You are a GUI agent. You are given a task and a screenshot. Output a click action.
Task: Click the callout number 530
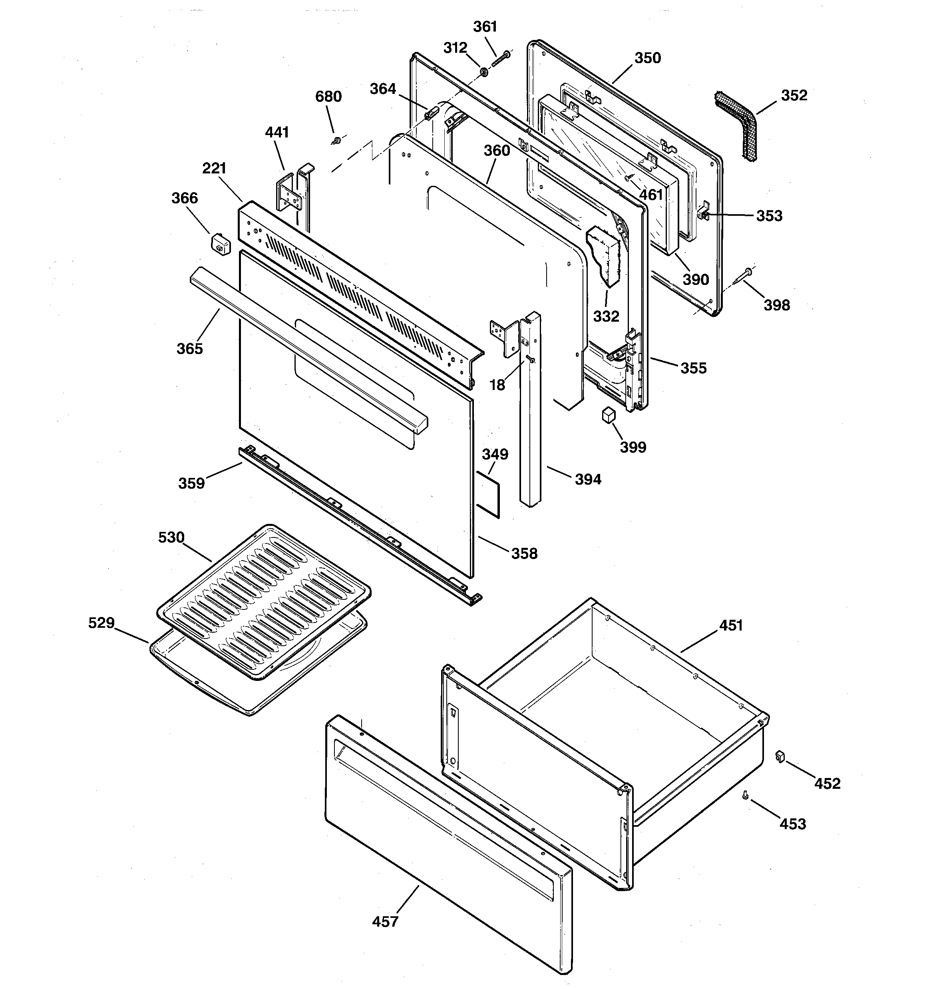click(171, 537)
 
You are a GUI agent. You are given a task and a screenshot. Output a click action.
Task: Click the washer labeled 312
click(483, 73)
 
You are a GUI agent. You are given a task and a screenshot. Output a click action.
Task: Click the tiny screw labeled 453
click(745, 795)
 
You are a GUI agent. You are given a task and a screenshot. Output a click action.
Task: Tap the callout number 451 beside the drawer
click(730, 625)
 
